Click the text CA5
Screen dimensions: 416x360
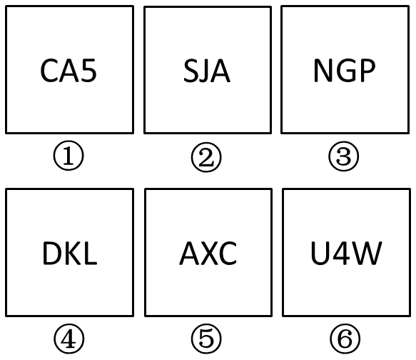[x=69, y=71]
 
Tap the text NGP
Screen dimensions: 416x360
[x=345, y=70]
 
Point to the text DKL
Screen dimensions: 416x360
[x=70, y=253]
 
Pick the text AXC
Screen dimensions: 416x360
[x=208, y=253]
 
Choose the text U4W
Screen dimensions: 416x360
[x=346, y=253]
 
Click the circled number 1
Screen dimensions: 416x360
[x=69, y=156]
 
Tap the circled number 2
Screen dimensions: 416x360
[x=206, y=157]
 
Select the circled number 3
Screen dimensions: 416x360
[x=343, y=156]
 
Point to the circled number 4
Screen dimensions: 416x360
[x=69, y=339]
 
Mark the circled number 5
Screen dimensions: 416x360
[x=206, y=339]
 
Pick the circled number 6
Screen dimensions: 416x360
[x=345, y=339]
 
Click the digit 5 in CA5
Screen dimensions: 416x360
[x=89, y=71]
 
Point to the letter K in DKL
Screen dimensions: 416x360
[x=74, y=253]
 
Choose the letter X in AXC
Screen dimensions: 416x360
[x=208, y=253]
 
